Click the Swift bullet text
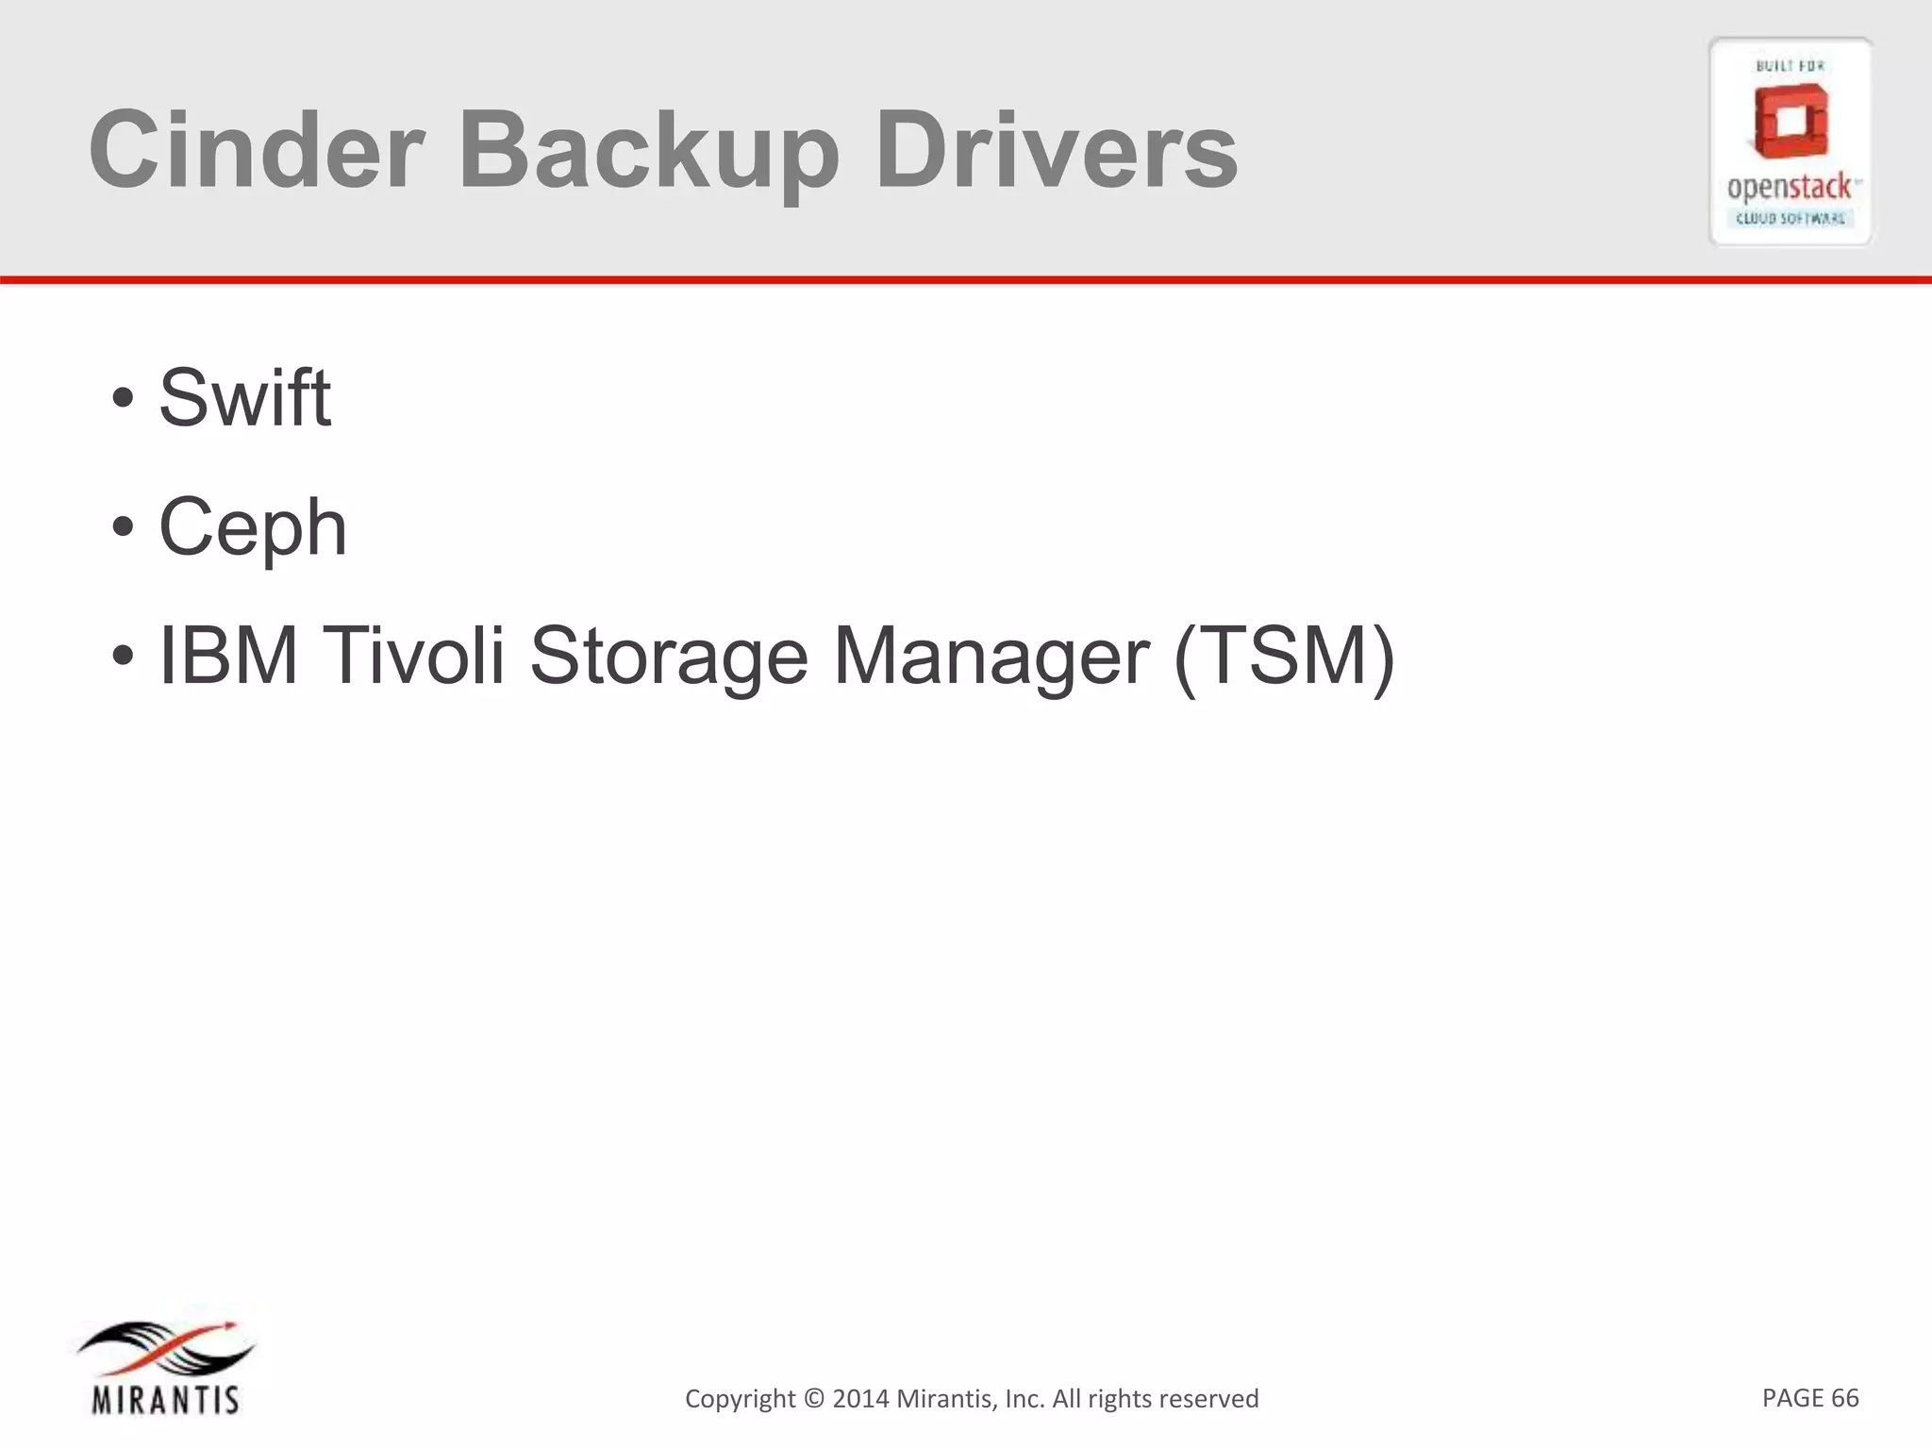pyautogui.click(x=244, y=397)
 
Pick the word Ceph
pyautogui.click(x=253, y=528)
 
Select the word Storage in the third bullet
pyautogui.click(x=669, y=658)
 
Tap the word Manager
pyautogui.click(x=991, y=658)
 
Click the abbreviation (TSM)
pyautogui.click(x=1283, y=658)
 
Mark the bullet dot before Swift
pyautogui.click(x=123, y=398)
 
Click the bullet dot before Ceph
pyautogui.click(x=123, y=527)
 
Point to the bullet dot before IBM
pyautogui.click(x=123, y=657)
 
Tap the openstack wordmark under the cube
pyautogui.click(x=1789, y=188)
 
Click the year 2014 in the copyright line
pyautogui.click(x=860, y=1398)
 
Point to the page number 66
pyautogui.click(x=1845, y=1397)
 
